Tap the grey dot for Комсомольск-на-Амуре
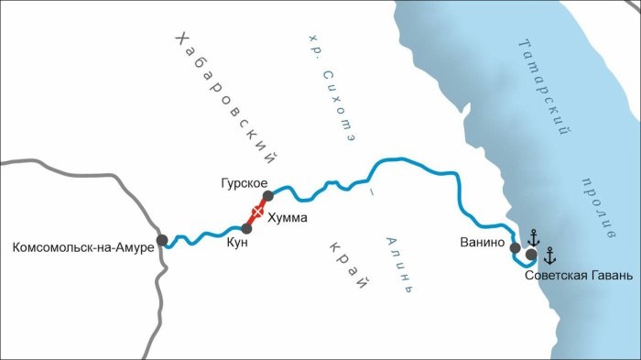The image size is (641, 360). pyautogui.click(x=162, y=240)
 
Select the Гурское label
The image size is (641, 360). pyautogui.click(x=243, y=182)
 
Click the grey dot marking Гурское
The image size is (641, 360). pyautogui.click(x=268, y=196)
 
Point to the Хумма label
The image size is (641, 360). pyautogui.click(x=287, y=219)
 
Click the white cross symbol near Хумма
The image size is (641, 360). pyautogui.click(x=257, y=212)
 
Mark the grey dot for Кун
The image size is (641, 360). pyautogui.click(x=245, y=228)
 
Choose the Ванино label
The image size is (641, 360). pyautogui.click(x=484, y=243)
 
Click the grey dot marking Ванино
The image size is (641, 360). pyautogui.click(x=515, y=247)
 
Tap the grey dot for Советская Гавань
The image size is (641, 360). pyautogui.click(x=531, y=255)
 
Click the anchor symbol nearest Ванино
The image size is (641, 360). pyautogui.click(x=532, y=236)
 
